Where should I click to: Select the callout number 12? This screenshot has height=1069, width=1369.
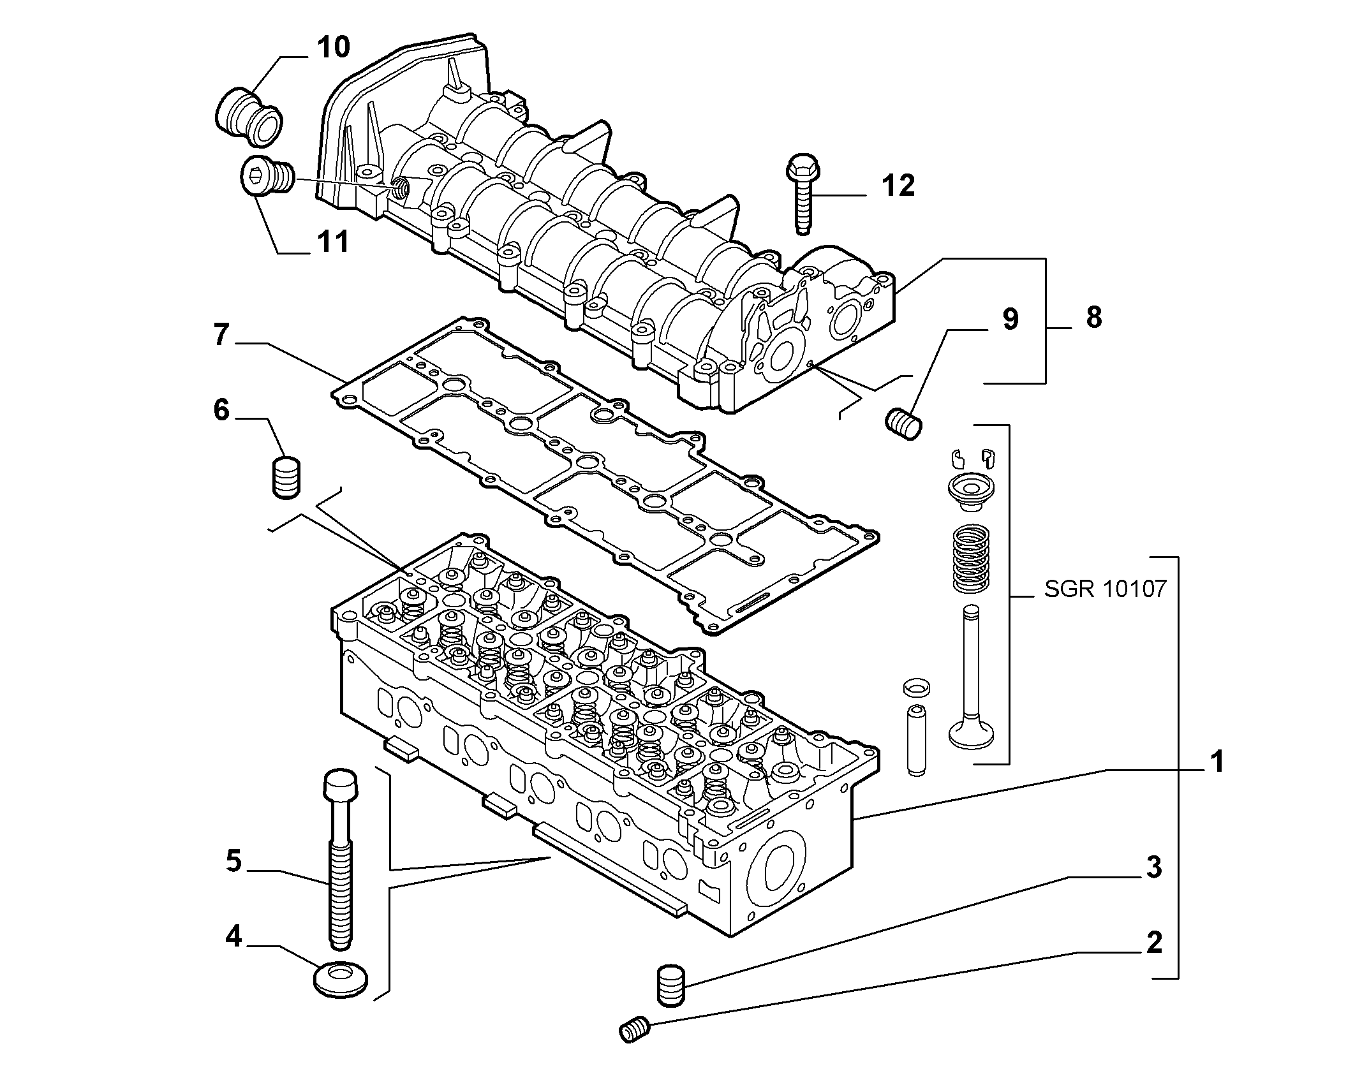click(898, 186)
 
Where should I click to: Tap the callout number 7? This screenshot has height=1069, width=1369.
click(221, 334)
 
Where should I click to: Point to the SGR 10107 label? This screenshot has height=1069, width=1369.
click(1106, 588)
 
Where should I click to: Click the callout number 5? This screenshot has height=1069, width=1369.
click(233, 860)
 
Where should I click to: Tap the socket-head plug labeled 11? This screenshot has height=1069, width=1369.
click(267, 173)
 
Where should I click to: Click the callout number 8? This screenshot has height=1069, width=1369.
click(1093, 317)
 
